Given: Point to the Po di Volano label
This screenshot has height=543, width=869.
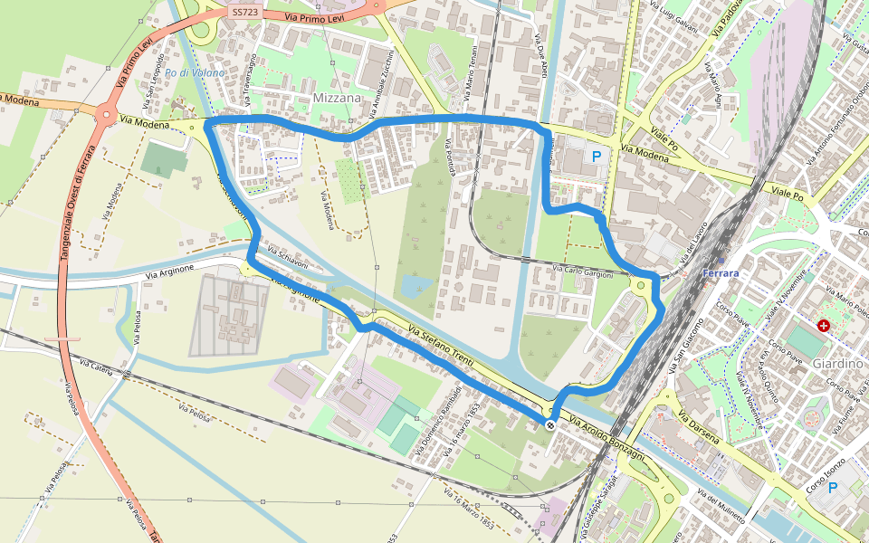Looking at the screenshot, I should coord(195,72).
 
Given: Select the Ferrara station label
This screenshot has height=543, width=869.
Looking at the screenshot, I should coord(721,273).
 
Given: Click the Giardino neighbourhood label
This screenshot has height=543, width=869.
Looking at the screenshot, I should coord(836,363).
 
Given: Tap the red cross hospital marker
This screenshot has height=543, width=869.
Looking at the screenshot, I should coord(823,325).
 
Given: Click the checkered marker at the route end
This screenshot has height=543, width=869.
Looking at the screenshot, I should coord(550,424).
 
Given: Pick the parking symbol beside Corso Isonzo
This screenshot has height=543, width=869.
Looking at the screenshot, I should coord(832,487).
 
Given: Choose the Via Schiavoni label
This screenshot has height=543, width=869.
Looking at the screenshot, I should coord(288,256).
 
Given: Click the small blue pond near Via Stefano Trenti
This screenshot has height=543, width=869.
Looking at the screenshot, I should coord(415,287).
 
